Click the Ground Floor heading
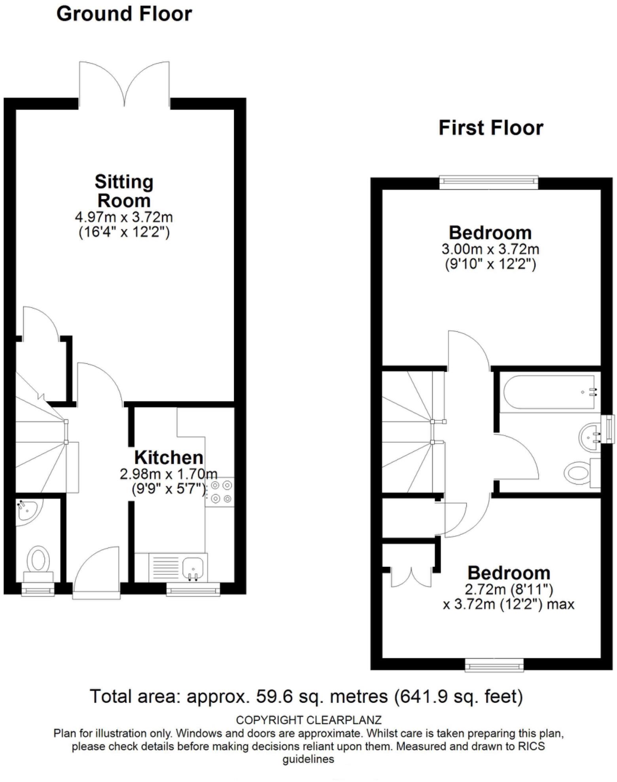tap(124, 14)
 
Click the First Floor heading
tap(490, 128)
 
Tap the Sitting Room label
tap(124, 191)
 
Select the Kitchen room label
tap(169, 457)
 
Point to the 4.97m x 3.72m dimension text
tap(124, 217)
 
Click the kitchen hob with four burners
tap(221, 492)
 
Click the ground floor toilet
tap(38, 560)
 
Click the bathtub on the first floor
tap(549, 392)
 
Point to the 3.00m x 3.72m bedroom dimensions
tap(490, 249)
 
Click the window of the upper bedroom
tap(488, 181)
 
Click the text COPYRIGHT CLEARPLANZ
tap(308, 720)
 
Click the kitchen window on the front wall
tap(193, 590)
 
